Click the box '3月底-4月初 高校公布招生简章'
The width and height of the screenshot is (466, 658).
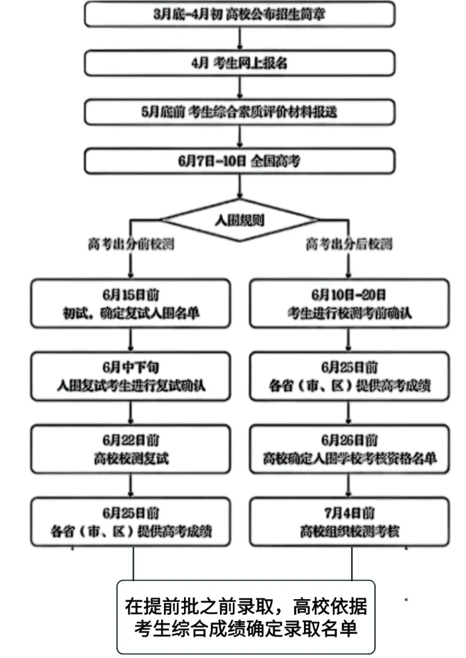(239, 14)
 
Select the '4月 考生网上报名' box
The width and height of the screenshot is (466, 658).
(239, 63)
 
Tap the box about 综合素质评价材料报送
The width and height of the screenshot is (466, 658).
(239, 112)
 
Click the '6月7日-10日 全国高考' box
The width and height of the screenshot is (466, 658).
(239, 161)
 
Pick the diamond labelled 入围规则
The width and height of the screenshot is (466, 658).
(239, 220)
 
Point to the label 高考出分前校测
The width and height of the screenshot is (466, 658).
(131, 244)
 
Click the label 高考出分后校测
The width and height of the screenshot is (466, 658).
(349, 244)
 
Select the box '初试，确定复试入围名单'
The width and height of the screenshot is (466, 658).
(131, 303)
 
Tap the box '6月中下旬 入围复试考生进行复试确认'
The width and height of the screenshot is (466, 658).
(131, 377)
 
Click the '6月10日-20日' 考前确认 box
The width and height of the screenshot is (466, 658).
(349, 303)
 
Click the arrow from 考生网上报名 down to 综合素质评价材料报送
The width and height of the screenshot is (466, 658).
(239, 87)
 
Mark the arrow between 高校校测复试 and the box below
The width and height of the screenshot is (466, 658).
(131, 486)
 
